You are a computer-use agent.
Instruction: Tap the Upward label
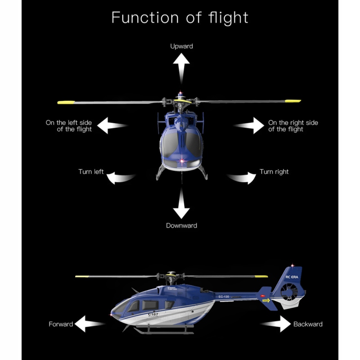[x=181, y=46]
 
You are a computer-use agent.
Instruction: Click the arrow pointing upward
[x=181, y=67]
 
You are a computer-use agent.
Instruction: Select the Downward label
[x=181, y=225]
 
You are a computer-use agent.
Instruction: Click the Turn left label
[x=91, y=171]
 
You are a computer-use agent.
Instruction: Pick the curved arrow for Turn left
[x=121, y=177]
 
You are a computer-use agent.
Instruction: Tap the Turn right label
[x=274, y=171]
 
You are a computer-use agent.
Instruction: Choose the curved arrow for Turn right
[x=242, y=177]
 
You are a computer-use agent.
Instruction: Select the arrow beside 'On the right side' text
[x=249, y=126]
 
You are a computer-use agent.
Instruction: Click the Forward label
[x=61, y=324]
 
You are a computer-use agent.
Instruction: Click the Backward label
[x=308, y=324]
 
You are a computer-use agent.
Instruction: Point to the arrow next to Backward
[x=276, y=324]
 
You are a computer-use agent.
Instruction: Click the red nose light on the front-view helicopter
[x=181, y=160]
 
